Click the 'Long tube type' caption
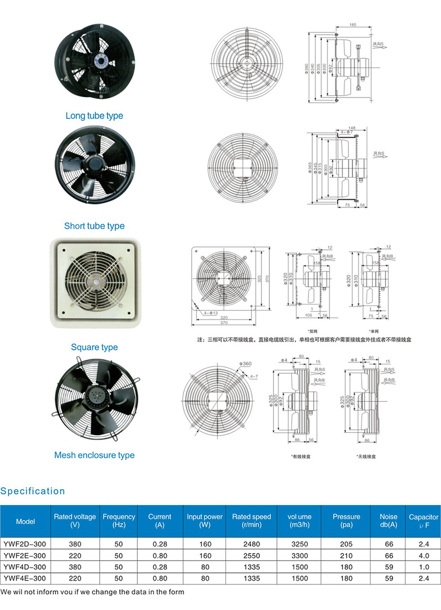[x=94, y=115]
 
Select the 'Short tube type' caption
[x=94, y=226]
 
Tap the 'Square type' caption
[x=94, y=347]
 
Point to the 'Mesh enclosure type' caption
[x=94, y=455]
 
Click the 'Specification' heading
[x=33, y=491]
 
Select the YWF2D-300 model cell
[x=25, y=544]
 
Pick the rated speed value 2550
[x=251, y=555]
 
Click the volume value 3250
[x=300, y=544]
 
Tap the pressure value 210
[x=346, y=555]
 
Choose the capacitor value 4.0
[x=424, y=555]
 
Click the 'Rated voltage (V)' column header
[x=75, y=520]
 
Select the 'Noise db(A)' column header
[x=388, y=520]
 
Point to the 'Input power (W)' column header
[x=205, y=520]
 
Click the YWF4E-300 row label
[x=25, y=578]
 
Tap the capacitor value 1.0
[x=424, y=567]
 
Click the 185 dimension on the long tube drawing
[x=353, y=25]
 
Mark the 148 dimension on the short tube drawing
[x=352, y=128]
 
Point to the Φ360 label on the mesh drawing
[x=246, y=364]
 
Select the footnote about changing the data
[x=92, y=592]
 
